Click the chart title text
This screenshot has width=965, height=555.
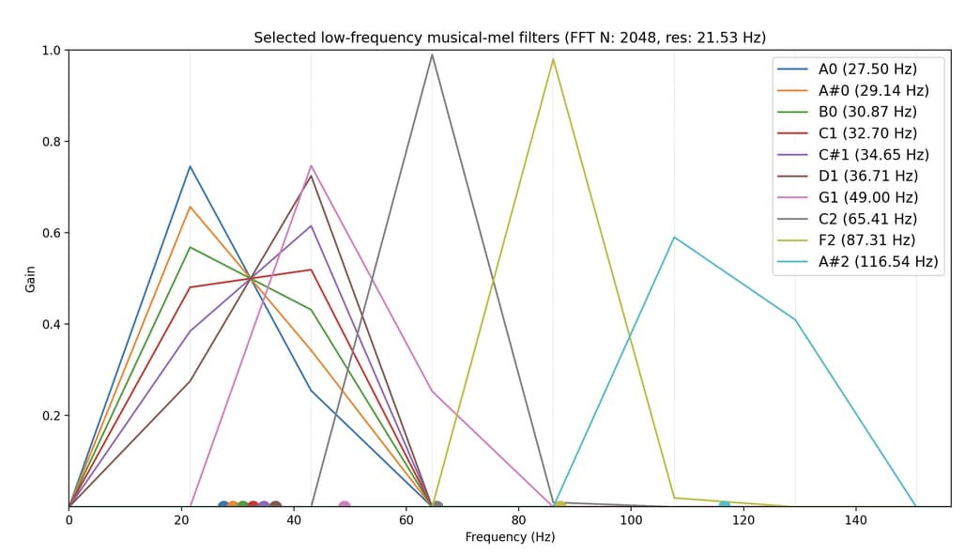click(x=510, y=38)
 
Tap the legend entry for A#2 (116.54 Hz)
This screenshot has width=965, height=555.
click(x=878, y=261)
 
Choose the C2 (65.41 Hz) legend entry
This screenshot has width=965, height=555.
click(x=868, y=219)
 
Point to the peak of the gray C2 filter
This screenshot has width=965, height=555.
click(x=432, y=54)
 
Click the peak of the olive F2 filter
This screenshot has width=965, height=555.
click(x=553, y=58)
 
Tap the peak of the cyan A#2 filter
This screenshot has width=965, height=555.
click(x=674, y=237)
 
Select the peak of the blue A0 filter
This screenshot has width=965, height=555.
click(x=190, y=166)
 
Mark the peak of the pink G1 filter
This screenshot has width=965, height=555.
click(x=311, y=165)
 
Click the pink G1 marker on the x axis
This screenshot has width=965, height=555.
click(x=345, y=506)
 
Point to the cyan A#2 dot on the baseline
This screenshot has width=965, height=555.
click(x=724, y=506)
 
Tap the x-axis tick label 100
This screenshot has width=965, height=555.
click(x=631, y=520)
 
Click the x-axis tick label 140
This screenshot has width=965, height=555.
click(x=855, y=520)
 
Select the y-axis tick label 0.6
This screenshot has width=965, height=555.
click(x=50, y=233)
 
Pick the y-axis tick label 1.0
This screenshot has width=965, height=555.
click(x=50, y=50)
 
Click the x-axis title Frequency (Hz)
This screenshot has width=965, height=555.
click(x=510, y=537)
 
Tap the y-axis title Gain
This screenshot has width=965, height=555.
click(x=30, y=278)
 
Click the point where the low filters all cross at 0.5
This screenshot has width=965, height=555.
click(x=251, y=278)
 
